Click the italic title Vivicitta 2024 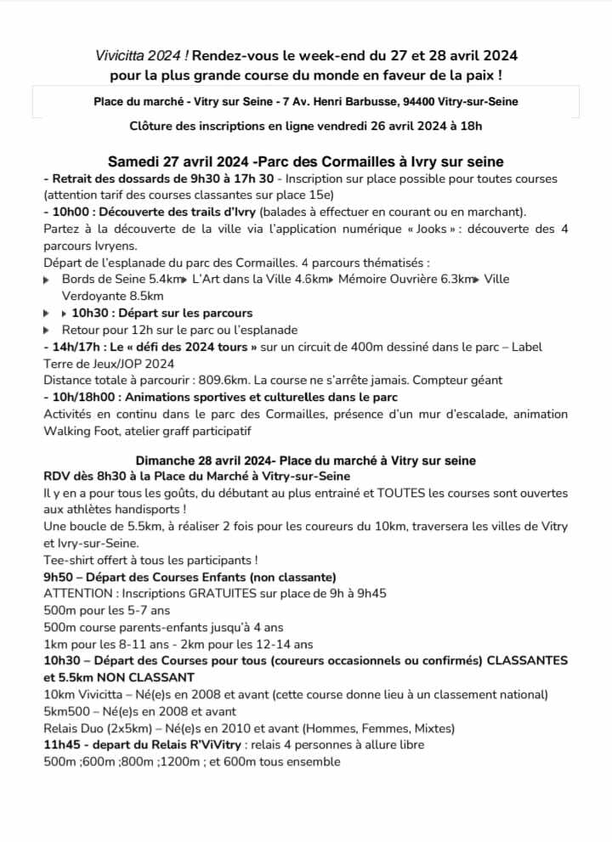click(x=141, y=56)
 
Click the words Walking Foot click(x=77, y=431)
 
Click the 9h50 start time click(x=59, y=577)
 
